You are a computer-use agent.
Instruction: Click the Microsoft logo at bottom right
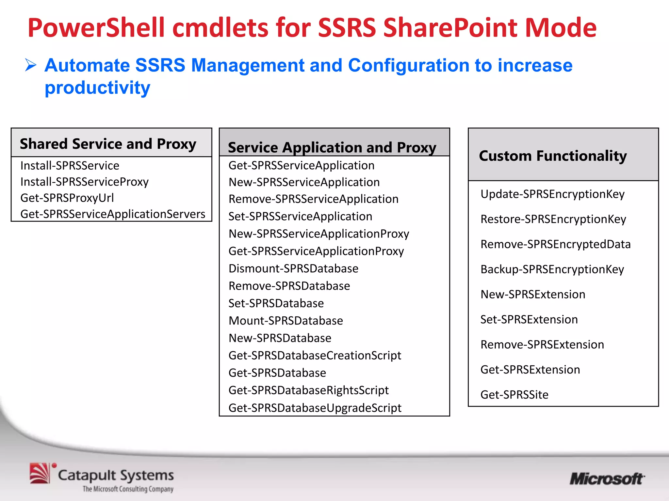coord(607,479)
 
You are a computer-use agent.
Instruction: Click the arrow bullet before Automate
coord(31,65)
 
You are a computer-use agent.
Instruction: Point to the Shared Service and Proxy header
coord(108,144)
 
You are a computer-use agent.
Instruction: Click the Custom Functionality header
coord(553,156)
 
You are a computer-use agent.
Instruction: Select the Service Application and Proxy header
coord(332,147)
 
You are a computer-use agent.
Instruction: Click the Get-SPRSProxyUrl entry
coord(67,198)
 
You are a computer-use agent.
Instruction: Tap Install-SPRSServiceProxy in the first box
coord(84,182)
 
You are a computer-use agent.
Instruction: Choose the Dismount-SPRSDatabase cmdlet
coord(293,268)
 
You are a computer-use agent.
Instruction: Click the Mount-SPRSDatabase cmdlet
coord(286,321)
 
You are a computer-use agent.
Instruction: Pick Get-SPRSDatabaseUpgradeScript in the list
coord(315,408)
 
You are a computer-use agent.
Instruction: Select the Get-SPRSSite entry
coord(514,395)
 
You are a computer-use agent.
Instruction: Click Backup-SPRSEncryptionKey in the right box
coord(552,269)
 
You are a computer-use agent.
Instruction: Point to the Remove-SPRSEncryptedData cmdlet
coord(555,244)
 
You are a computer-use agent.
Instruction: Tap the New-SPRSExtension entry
coord(533,295)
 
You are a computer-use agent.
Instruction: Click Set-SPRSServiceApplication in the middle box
coord(300,217)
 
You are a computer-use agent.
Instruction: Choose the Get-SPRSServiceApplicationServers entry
coord(113,214)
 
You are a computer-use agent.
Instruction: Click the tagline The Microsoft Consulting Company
coord(128,489)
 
